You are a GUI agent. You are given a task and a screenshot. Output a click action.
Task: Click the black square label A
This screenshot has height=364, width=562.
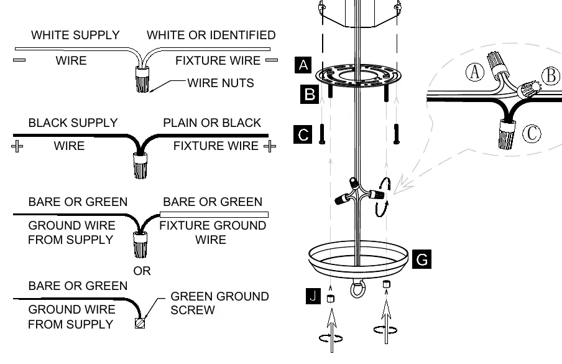coord(303,65)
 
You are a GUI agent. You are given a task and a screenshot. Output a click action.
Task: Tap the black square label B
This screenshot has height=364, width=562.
coord(310,95)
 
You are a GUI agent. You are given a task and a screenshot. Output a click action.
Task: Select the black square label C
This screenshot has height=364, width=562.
coord(303,134)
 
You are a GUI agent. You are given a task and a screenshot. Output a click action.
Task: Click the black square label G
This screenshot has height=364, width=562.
coord(421,259)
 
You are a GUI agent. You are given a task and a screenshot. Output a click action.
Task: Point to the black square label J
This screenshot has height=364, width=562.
coord(313,296)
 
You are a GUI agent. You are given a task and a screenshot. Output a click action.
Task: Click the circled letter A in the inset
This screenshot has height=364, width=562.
coord(475,72)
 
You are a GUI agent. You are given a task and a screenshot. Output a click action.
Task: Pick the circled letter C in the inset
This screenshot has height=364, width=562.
coord(532,133)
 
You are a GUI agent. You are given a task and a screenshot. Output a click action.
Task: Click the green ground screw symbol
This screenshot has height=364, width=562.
coord(140,323)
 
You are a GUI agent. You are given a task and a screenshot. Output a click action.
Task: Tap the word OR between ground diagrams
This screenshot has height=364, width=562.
coord(142,271)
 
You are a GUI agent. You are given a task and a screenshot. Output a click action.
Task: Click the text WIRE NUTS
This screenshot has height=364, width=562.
coord(221,83)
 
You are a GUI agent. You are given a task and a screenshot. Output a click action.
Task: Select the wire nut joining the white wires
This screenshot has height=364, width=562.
coord(142,79)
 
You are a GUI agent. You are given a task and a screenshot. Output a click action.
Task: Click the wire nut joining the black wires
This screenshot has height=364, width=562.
coord(140,166)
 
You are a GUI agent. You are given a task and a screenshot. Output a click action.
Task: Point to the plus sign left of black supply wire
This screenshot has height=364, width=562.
coord(17,146)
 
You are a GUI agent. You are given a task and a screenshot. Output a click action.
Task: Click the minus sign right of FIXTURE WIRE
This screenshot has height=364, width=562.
coord(272,60)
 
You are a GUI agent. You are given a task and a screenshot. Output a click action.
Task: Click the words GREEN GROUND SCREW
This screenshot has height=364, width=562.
coord(219,303)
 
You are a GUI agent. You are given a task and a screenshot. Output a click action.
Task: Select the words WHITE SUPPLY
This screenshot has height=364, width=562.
coord(75,35)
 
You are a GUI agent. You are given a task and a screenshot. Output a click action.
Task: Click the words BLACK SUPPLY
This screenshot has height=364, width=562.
coord(73,123)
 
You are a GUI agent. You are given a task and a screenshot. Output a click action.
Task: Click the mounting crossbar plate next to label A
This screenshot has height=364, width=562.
coord(358,76)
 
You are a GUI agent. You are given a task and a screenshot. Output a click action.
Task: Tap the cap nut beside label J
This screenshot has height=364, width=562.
coord(331,299)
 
